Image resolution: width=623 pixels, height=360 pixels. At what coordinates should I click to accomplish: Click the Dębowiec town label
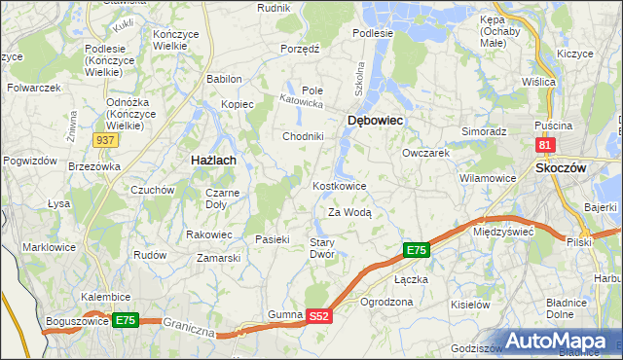[376, 121]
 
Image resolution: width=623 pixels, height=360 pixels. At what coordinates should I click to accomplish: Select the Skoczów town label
[561, 167]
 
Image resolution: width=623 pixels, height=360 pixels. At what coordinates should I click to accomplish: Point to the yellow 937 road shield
[107, 140]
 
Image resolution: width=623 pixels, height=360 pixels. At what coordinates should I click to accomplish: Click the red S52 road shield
[320, 316]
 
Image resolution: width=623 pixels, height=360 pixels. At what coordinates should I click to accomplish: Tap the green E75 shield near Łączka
[416, 251]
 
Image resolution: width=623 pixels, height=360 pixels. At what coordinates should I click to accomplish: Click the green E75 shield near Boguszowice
[125, 319]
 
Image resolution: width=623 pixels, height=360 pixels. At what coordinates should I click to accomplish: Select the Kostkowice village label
[339, 186]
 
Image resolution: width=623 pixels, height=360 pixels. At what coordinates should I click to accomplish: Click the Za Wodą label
[349, 212]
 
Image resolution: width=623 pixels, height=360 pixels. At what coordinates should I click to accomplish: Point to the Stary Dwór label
[322, 248]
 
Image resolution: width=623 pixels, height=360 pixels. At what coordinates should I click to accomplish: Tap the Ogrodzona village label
[386, 303]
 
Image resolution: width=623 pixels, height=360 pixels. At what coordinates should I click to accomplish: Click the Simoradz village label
[484, 130]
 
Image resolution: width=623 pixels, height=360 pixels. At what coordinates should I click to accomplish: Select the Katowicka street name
[301, 99]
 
